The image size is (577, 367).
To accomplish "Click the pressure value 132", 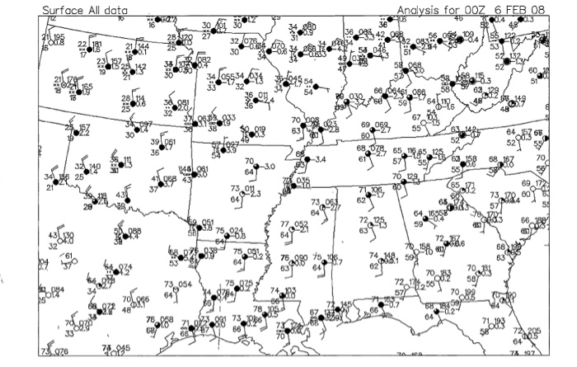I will tap(515, 56).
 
